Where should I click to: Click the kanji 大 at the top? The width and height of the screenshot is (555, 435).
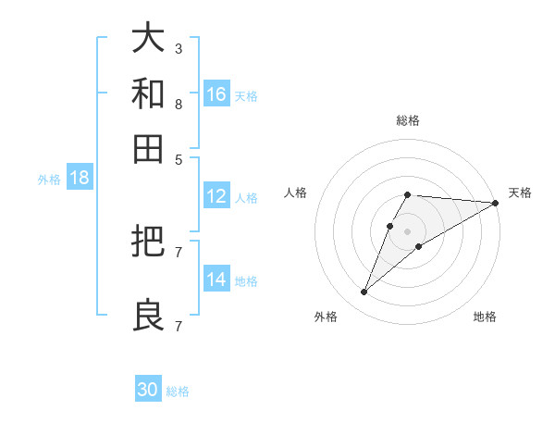coord(149,38)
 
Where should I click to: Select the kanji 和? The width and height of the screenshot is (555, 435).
coord(149,93)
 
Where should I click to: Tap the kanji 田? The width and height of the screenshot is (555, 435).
coord(149,148)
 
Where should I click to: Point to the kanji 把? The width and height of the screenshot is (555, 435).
coord(149,241)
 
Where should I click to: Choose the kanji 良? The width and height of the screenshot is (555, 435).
coord(149,315)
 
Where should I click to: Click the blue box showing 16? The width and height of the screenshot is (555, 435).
coord(216,94)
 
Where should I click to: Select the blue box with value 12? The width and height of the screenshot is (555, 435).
coord(216,196)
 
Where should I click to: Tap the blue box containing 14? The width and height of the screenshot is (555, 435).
coord(216,280)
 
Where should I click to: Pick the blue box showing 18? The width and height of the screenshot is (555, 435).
coord(80,179)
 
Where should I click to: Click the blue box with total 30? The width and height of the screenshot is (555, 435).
coord(148,390)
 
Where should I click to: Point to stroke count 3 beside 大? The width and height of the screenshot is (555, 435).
coord(178,48)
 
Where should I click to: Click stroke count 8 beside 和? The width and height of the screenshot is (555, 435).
coord(178,104)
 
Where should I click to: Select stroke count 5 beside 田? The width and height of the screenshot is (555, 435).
coord(178,159)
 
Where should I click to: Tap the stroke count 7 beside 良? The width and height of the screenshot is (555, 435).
coord(178,326)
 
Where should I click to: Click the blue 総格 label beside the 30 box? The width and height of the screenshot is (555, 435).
coord(178,391)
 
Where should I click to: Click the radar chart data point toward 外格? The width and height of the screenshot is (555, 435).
coord(364,292)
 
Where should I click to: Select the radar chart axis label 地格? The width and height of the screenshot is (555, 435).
coord(485,317)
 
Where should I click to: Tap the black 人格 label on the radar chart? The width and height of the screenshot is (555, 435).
coord(296,193)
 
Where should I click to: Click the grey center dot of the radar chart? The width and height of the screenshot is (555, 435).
coord(408,230)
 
